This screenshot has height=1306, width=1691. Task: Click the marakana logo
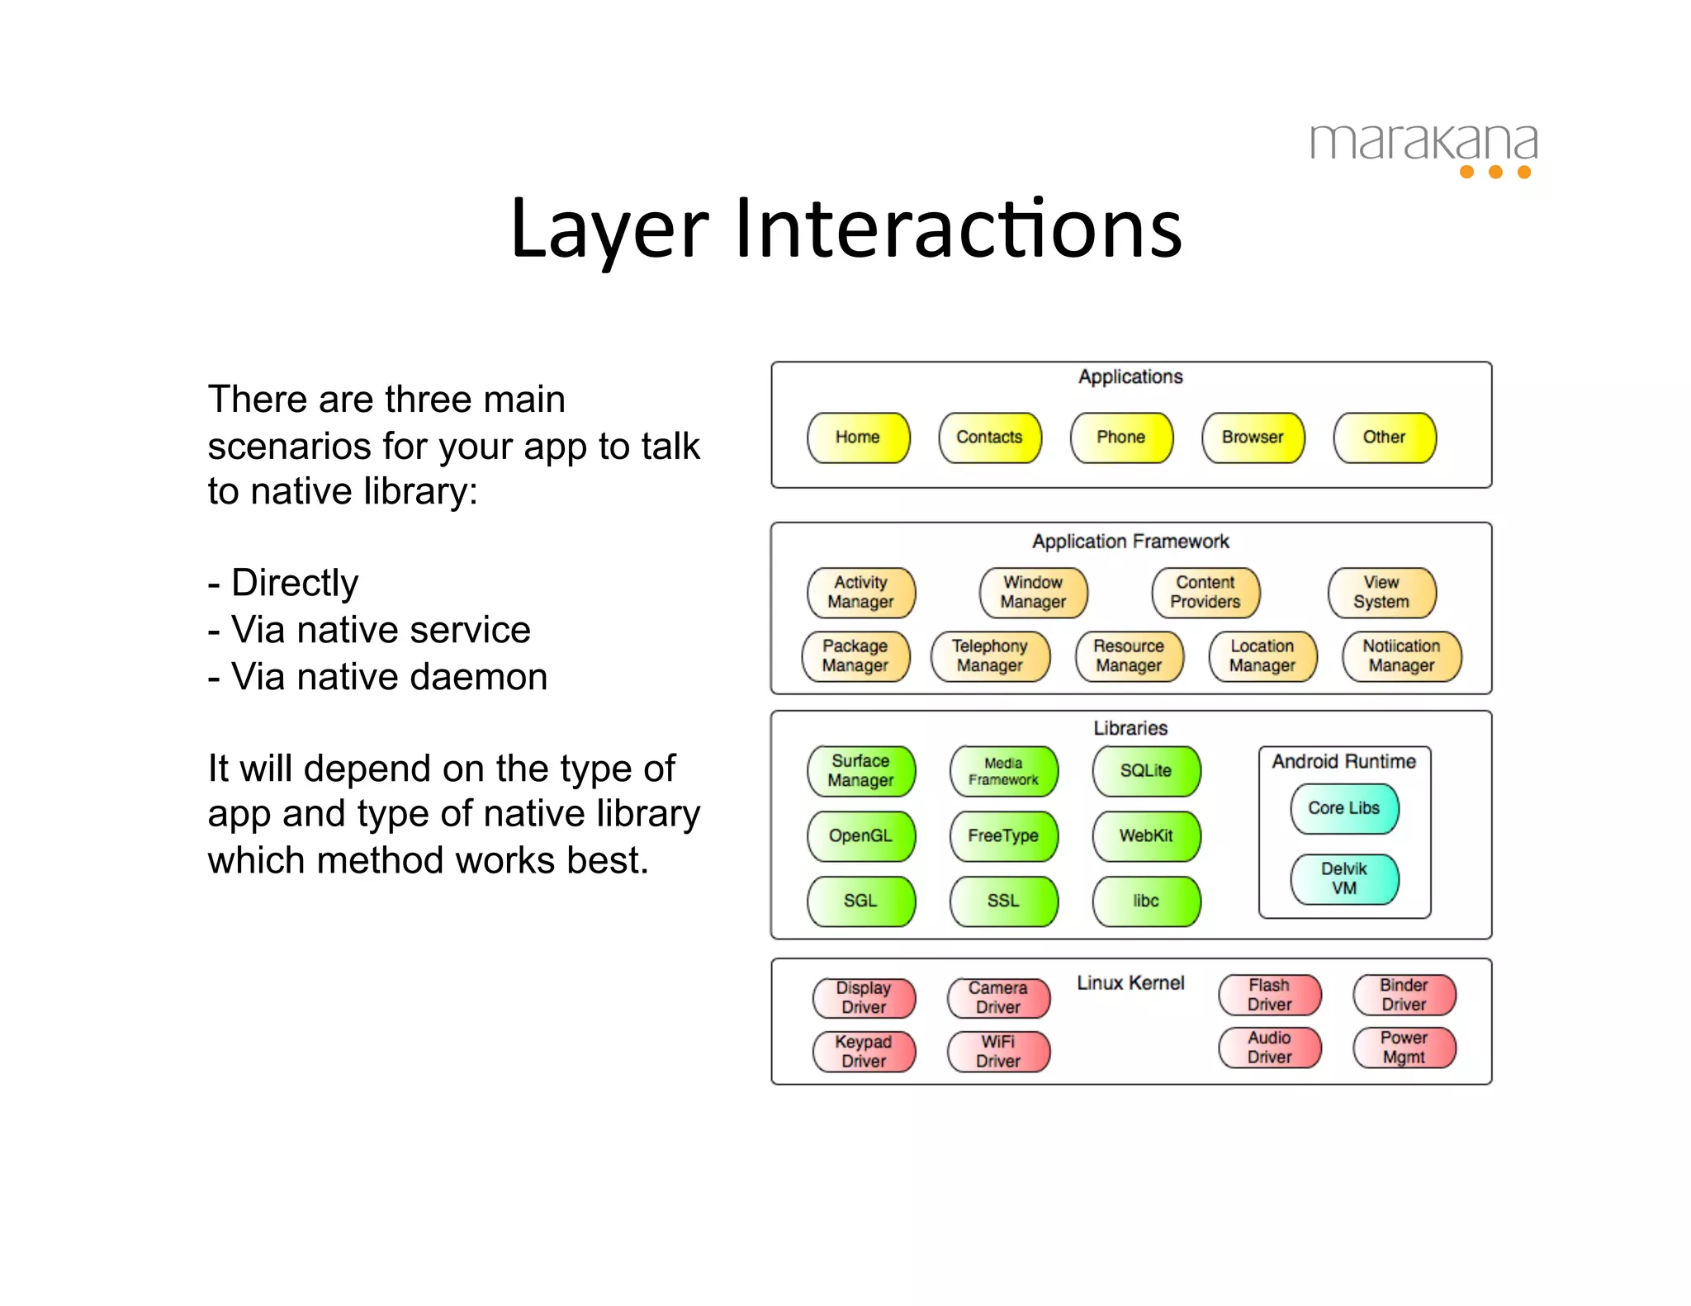pos(1423,149)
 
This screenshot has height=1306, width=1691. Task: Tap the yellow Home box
pos(858,438)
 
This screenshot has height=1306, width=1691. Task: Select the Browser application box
pos(1253,438)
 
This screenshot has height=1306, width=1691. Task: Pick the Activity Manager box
pos(860,593)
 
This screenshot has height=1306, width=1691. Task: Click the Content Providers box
pos(1205,593)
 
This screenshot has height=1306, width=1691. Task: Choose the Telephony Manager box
pos(989,656)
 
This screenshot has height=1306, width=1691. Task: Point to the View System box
pos(1381,593)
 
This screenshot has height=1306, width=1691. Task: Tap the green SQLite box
pos(1145,771)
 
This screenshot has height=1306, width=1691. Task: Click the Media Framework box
pos(1003,771)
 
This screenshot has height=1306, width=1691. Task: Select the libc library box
pos(1145,901)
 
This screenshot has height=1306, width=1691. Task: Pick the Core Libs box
pos(1343,808)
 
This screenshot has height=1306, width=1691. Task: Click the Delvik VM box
pos(1343,878)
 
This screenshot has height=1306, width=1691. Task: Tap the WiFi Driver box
pos(997,1052)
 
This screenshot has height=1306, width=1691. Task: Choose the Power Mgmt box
pos(1404,1048)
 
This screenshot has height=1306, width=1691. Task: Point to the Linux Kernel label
pos(1130,983)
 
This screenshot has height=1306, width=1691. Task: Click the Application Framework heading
pos(1130,542)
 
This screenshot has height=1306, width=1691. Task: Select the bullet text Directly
pos(294,583)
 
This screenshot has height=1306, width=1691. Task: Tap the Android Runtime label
pos(1343,761)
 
